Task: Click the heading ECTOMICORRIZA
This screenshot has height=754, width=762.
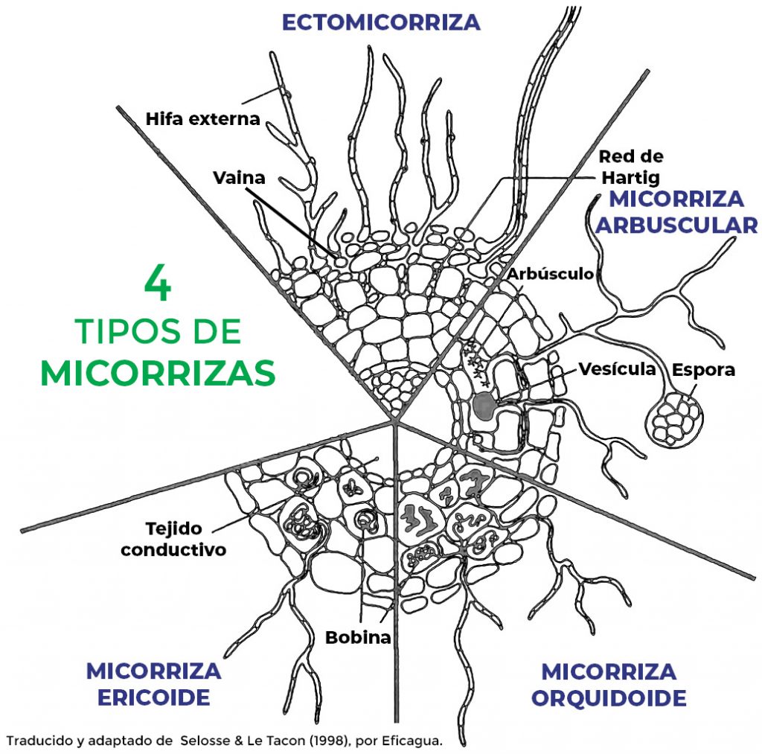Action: click(381, 22)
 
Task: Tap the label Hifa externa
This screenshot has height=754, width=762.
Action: click(202, 118)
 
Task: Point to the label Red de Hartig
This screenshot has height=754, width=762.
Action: click(630, 167)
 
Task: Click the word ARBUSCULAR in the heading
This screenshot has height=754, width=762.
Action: click(676, 225)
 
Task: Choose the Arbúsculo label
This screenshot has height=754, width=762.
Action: click(551, 273)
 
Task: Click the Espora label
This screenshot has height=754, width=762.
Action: click(703, 370)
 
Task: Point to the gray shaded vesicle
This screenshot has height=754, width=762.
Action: click(484, 406)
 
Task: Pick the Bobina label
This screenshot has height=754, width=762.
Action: click(358, 638)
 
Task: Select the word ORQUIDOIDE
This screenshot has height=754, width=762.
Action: click(608, 698)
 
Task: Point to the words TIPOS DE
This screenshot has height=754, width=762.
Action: click(158, 331)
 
